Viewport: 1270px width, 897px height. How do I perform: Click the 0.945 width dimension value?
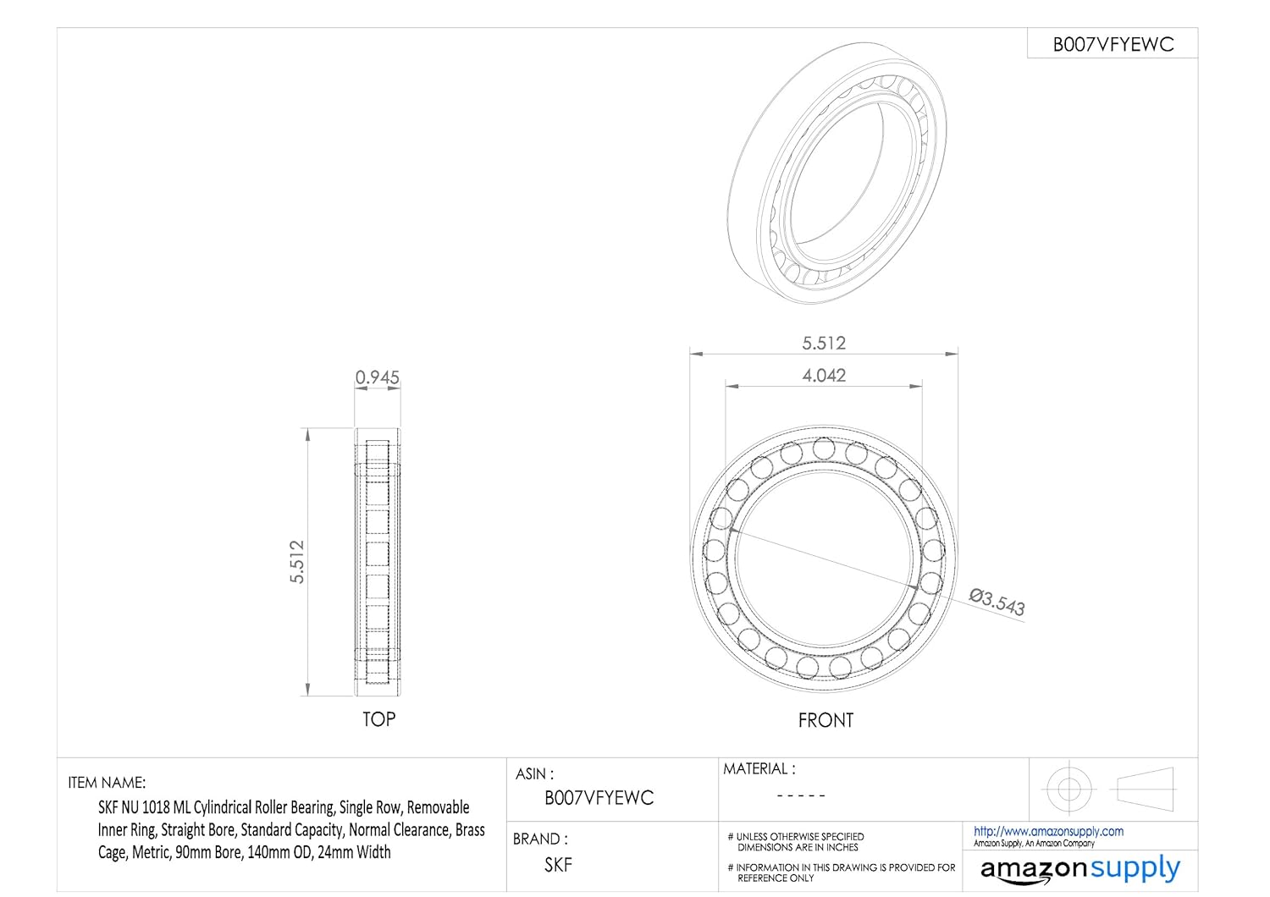377,377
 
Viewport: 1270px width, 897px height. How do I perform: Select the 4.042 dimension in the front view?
824,375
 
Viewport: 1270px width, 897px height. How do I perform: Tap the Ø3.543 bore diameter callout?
997,603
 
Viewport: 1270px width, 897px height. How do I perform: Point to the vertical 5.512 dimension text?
297,562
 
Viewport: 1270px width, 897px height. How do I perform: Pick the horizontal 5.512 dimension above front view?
824,343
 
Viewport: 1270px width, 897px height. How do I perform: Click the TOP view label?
378,719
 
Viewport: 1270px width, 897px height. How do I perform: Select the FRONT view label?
825,720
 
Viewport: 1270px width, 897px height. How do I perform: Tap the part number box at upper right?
1113,44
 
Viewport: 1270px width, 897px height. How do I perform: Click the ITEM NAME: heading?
107,783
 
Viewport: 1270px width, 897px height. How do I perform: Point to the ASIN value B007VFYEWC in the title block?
599,798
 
